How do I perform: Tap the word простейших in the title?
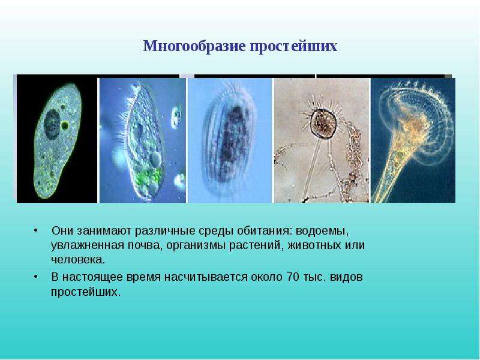(293, 47)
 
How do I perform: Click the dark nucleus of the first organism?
(52, 124)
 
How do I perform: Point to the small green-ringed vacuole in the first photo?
(65, 125)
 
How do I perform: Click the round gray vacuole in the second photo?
(156, 160)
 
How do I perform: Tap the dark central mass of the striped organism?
(231, 141)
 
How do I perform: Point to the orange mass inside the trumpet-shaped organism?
(412, 128)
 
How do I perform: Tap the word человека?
(78, 260)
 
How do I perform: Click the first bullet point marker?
(37, 230)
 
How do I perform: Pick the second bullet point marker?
(37, 277)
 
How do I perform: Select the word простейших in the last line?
(86, 292)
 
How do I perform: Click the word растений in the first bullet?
(255, 246)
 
